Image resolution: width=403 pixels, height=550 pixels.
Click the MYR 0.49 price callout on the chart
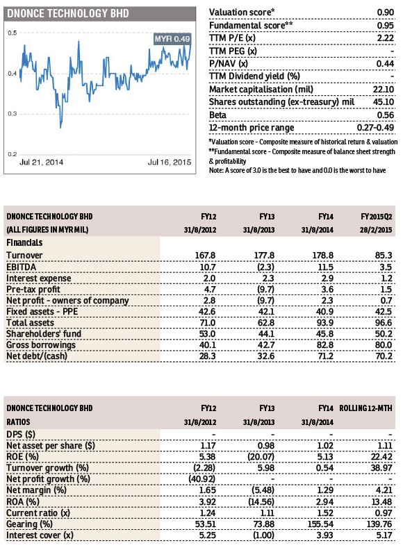172,39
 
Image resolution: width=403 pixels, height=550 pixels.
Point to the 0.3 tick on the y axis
13,114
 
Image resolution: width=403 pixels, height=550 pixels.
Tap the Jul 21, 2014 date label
42,162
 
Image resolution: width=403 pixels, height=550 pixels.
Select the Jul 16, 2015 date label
170,162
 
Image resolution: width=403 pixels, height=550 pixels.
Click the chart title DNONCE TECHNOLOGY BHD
68,13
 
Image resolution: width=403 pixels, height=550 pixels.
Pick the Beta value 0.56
386,115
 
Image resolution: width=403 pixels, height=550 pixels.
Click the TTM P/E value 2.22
386,38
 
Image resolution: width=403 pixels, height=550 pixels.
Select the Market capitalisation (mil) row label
261,90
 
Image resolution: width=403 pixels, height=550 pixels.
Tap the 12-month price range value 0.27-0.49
375,128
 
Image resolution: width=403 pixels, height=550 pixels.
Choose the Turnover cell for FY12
205,256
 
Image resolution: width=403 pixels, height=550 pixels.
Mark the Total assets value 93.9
325,323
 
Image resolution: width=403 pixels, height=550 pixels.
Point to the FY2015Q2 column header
377,217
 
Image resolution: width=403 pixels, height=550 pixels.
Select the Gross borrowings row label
41,345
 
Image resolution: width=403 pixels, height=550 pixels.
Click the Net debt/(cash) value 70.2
384,356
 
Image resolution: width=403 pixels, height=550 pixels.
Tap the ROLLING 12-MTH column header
365,408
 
